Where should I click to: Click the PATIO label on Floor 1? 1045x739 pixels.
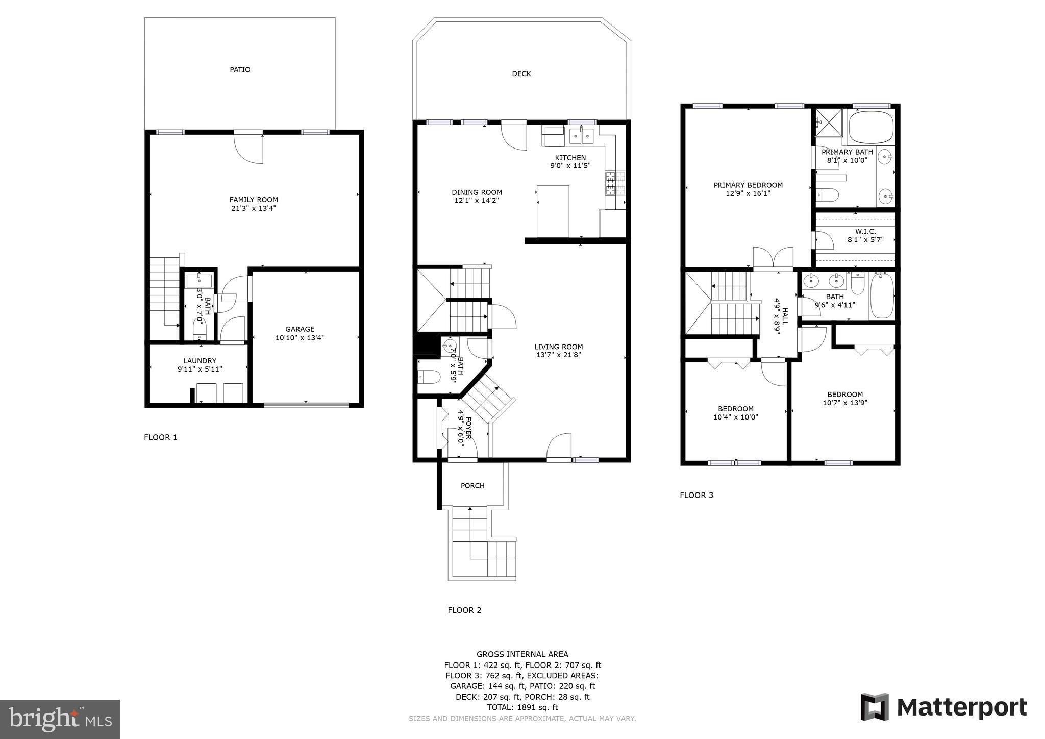point(240,70)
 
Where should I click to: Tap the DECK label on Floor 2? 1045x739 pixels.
point(521,74)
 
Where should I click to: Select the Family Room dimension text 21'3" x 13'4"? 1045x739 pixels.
point(254,208)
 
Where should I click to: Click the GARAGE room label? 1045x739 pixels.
point(300,329)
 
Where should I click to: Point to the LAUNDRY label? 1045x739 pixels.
point(200,361)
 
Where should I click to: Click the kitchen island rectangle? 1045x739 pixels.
point(553,211)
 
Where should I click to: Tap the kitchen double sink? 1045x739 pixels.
point(582,136)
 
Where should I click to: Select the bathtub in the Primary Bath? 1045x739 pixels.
point(870,126)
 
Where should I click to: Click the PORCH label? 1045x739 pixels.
point(472,486)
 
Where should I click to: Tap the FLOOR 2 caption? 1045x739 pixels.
point(464,610)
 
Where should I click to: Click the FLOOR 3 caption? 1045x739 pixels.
point(696,495)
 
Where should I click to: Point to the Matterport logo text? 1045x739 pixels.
point(961,707)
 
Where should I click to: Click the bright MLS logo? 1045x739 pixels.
point(60,719)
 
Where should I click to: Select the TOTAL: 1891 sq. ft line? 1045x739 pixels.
point(522,707)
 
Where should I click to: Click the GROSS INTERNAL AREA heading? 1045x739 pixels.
point(522,654)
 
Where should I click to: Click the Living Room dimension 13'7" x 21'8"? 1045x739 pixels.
point(559,355)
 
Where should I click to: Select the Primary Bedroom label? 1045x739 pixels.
point(748,185)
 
